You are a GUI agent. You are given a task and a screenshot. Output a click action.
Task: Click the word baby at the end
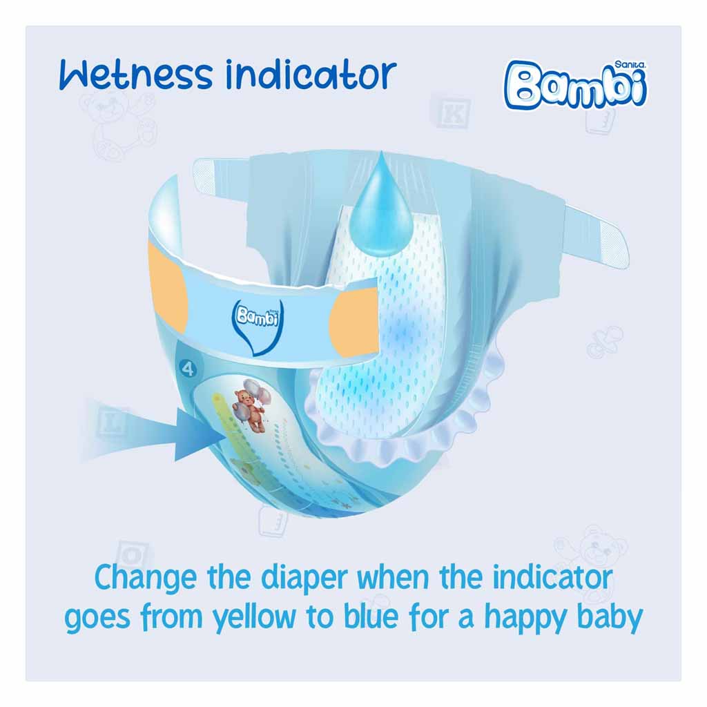click(x=610, y=617)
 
